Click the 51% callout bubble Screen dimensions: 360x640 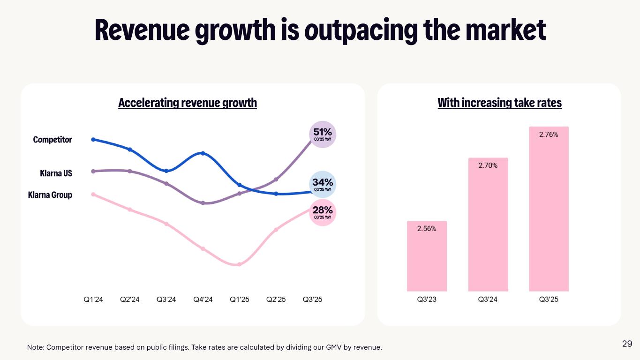[x=323, y=135]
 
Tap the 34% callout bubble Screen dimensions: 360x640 [x=323, y=185]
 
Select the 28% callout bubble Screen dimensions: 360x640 [x=323, y=213]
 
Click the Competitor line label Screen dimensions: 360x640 [x=53, y=140]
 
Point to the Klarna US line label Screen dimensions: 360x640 [x=56, y=173]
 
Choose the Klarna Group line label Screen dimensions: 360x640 [x=50, y=195]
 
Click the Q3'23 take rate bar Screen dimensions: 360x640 [x=427, y=256]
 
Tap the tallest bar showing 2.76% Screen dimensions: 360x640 [x=549, y=209]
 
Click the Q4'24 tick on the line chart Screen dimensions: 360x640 [x=203, y=300]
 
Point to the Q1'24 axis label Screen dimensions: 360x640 [x=93, y=300]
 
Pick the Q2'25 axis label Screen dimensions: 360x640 [x=276, y=300]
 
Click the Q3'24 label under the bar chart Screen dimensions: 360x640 [x=488, y=300]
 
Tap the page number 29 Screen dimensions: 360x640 [x=627, y=344]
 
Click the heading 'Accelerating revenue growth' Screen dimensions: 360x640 [x=188, y=103]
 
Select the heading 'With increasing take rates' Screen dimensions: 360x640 [x=499, y=103]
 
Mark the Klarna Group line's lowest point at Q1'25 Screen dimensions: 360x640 [x=239, y=264]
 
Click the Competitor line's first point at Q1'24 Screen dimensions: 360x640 [x=93, y=139]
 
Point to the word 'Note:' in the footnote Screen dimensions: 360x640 [x=36, y=347]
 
